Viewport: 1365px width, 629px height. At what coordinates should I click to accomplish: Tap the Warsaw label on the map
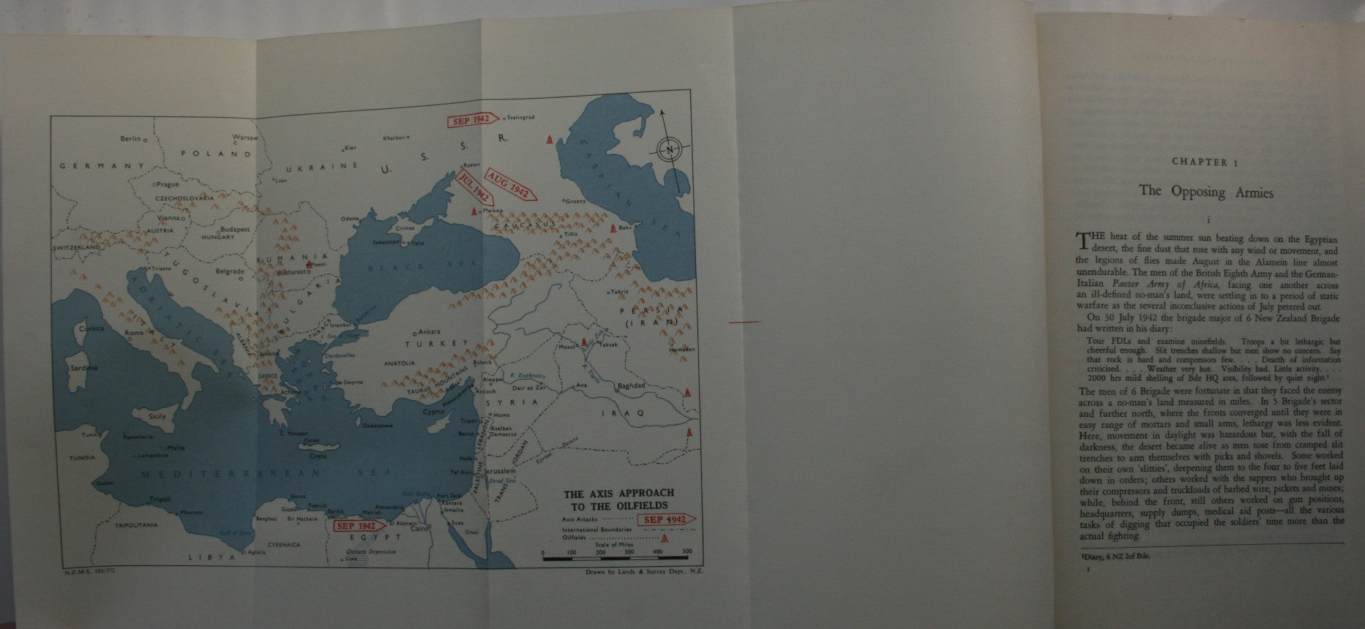[x=244, y=138]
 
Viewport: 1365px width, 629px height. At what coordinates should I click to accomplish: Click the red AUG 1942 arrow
[x=510, y=188]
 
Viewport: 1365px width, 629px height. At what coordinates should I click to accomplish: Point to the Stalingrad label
[x=519, y=118]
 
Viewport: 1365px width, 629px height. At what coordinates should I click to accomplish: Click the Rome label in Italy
[x=134, y=334]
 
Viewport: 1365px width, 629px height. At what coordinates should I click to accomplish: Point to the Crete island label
[x=318, y=456]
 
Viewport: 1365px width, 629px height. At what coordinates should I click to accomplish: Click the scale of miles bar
[x=615, y=559]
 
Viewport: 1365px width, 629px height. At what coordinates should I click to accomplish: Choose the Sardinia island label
[x=83, y=368]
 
